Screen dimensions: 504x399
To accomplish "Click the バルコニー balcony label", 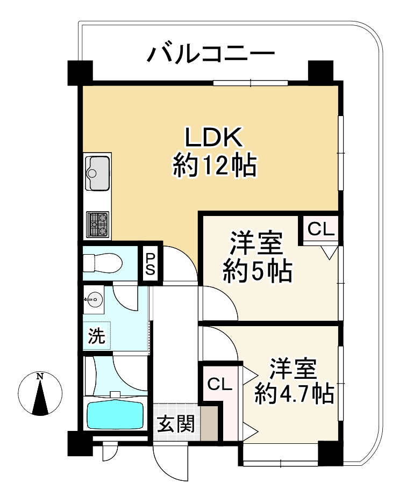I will point(212,55).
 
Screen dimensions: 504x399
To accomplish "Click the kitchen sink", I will point(97,172).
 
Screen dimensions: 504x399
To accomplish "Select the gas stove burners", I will point(97,224).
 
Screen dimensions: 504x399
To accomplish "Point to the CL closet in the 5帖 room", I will point(321,229).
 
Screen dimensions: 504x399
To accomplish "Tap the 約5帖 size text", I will point(258,272).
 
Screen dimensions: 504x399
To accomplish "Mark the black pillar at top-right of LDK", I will point(320,71).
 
